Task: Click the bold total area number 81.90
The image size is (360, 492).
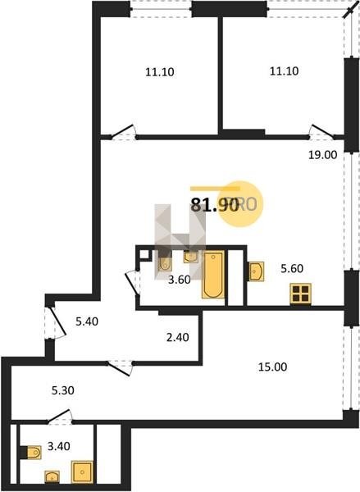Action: pyautogui.click(x=215, y=206)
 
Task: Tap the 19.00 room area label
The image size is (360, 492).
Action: pyautogui.click(x=322, y=155)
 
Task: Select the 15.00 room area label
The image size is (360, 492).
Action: pyautogui.click(x=272, y=367)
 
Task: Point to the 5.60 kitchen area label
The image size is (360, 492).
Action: pyautogui.click(x=292, y=269)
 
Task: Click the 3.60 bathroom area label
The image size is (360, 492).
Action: pyautogui.click(x=180, y=280)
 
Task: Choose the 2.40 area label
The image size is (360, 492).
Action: pyautogui.click(x=178, y=337)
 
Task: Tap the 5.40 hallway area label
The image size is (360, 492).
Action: pyautogui.click(x=87, y=321)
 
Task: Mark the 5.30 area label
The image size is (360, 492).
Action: pyautogui.click(x=63, y=390)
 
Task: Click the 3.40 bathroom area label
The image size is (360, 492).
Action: pyautogui.click(x=59, y=446)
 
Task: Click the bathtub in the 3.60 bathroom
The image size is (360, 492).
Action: pyautogui.click(x=213, y=275)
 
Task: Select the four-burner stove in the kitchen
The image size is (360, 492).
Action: pyautogui.click(x=300, y=294)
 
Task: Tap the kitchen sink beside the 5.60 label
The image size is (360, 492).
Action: pyautogui.click(x=257, y=271)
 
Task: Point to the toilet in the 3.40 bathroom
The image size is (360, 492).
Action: pyautogui.click(x=34, y=453)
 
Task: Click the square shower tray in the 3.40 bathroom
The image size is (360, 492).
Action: pyautogui.click(x=82, y=471)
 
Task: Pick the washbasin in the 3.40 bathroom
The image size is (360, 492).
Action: pyautogui.click(x=52, y=477)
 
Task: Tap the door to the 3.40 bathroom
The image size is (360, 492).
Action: pyautogui.click(x=60, y=417)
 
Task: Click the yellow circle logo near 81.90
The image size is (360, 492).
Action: pyautogui.click(x=239, y=204)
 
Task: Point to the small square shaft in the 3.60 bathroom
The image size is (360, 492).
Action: pyautogui.click(x=144, y=254)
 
